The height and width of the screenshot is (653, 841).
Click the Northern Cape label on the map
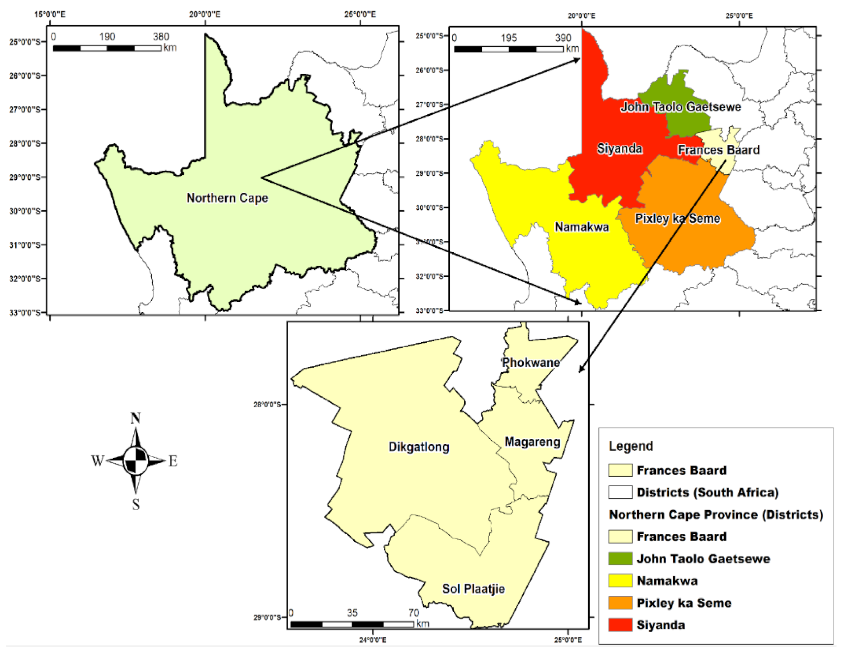click(227, 198)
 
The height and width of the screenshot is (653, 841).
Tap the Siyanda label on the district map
click(619, 148)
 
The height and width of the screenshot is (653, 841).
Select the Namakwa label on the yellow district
click(581, 227)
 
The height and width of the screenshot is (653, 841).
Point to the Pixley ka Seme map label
click(677, 219)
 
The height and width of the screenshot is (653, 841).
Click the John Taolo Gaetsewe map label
click(680, 107)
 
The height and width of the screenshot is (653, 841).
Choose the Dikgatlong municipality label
click(419, 447)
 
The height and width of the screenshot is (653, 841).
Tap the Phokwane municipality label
click(531, 363)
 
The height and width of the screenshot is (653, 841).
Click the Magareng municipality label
click(532, 442)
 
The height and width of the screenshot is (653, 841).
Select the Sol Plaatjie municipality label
click(473, 589)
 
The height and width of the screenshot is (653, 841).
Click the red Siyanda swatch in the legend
click(620, 624)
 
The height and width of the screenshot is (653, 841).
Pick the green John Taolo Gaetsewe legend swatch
click(620, 558)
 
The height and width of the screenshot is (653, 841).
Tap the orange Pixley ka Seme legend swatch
click(620, 603)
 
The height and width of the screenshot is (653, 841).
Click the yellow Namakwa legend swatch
click(620, 581)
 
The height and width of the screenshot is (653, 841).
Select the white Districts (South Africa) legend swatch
click(620, 492)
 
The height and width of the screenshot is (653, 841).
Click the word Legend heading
click(631, 446)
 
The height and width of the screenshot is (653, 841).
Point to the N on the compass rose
click(135, 419)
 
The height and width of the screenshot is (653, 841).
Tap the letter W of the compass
click(97, 461)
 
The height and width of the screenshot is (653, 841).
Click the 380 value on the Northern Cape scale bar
click(161, 37)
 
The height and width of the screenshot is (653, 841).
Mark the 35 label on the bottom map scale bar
click(352, 613)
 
